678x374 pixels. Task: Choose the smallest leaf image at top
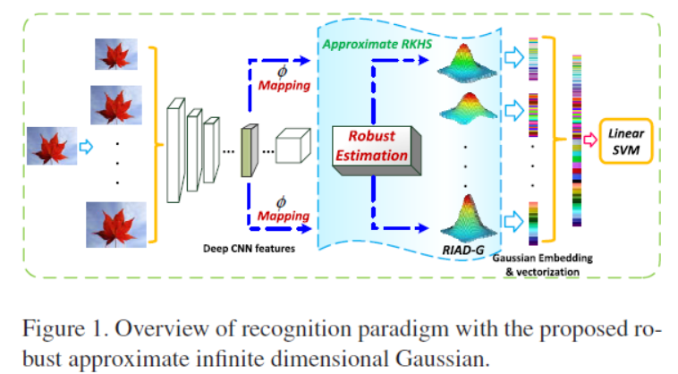point(116,55)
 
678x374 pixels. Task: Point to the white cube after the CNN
point(292,145)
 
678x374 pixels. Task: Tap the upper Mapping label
point(284,87)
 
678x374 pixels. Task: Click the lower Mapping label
point(284,217)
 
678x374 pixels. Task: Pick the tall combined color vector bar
point(576,140)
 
